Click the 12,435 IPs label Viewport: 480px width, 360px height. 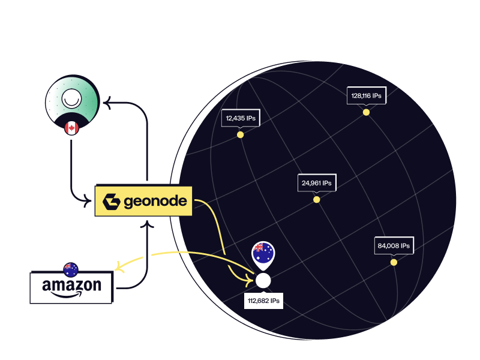pos(240,119)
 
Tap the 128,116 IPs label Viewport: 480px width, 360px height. pos(366,95)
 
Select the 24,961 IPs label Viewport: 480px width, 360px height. pos(316,182)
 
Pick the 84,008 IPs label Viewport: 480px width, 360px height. pos(394,245)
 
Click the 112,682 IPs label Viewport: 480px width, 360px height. pos(263,300)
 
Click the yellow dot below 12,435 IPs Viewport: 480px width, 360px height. pos(240,135)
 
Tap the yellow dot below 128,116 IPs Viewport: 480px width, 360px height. pos(366,112)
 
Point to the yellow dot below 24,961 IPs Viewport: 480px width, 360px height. pos(316,199)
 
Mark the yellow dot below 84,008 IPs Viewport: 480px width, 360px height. pos(394,262)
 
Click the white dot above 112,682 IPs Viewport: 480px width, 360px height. pos(263,280)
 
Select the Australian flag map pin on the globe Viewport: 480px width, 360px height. pos(263,254)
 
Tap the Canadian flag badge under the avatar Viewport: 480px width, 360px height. pos(71,128)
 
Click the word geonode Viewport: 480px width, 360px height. pos(155,202)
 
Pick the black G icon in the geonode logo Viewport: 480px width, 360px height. pos(112,202)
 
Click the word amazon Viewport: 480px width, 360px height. pos(71,285)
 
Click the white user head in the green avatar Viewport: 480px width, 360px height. pos(71,97)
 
